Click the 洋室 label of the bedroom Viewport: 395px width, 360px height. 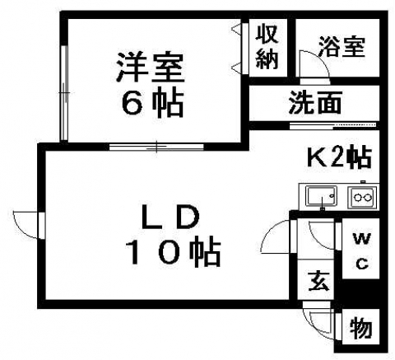[150, 68]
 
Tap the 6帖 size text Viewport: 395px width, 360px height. [152, 104]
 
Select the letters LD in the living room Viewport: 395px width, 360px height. [170, 217]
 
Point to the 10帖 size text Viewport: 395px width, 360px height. [174, 253]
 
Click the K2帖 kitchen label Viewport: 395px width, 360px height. [339, 158]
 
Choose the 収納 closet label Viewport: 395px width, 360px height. [267, 49]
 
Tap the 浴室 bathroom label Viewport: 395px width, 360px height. [342, 47]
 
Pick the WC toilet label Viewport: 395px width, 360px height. [362, 251]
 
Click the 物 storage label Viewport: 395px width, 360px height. [361, 328]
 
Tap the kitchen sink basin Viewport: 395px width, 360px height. [321, 195]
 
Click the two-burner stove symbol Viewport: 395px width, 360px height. [362, 197]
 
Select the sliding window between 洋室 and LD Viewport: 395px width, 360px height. [156, 147]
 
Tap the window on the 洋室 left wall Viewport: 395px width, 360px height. [64, 93]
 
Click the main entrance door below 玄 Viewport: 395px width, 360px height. [318, 318]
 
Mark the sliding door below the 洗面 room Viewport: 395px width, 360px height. [333, 125]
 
